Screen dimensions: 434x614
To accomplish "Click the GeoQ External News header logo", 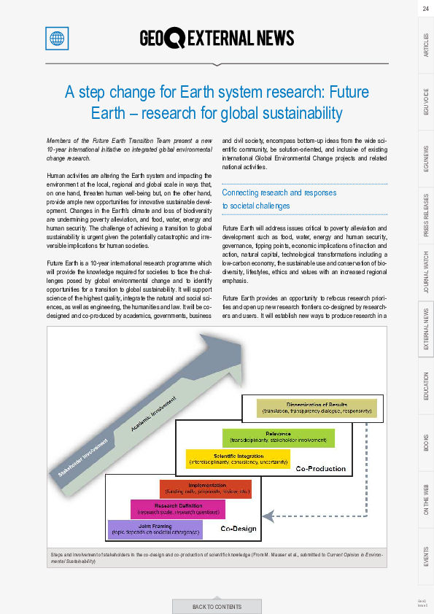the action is tap(217, 38).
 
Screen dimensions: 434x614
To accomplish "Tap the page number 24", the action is tap(425, 8).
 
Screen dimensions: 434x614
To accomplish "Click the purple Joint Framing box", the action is tap(155, 529).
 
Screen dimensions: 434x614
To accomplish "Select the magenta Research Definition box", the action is tap(178, 509).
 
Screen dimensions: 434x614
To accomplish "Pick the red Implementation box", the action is tap(205, 489).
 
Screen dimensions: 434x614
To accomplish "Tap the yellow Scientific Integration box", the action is tap(238, 459).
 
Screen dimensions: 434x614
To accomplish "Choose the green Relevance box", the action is tap(278, 438).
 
